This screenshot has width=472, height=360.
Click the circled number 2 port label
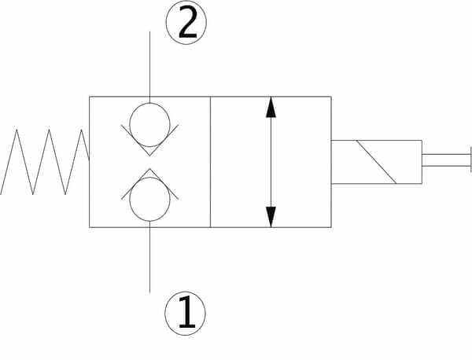(x=186, y=22)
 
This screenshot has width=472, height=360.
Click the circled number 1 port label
(x=186, y=313)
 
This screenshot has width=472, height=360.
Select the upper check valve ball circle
(x=149, y=125)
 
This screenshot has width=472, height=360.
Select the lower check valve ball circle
(x=149, y=199)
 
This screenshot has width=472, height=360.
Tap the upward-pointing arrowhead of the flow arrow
(x=271, y=107)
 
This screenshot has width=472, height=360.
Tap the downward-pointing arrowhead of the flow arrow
(x=271, y=217)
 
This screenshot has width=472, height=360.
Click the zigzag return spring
(x=45, y=162)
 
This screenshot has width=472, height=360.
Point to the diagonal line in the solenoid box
(x=376, y=162)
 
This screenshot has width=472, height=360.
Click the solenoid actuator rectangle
(x=376, y=162)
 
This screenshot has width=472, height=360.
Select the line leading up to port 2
(x=149, y=67)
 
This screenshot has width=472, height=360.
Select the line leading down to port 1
(x=149, y=257)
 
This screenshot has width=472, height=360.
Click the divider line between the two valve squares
(x=210, y=162)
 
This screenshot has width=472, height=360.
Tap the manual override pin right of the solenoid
(x=446, y=160)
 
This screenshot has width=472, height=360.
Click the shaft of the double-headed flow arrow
(x=271, y=162)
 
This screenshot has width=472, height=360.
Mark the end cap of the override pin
(x=471, y=160)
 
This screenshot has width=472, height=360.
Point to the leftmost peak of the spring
(x=17, y=130)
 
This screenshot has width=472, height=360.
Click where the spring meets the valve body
(x=89, y=159)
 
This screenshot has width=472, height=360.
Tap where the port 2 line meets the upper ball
(x=149, y=103)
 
